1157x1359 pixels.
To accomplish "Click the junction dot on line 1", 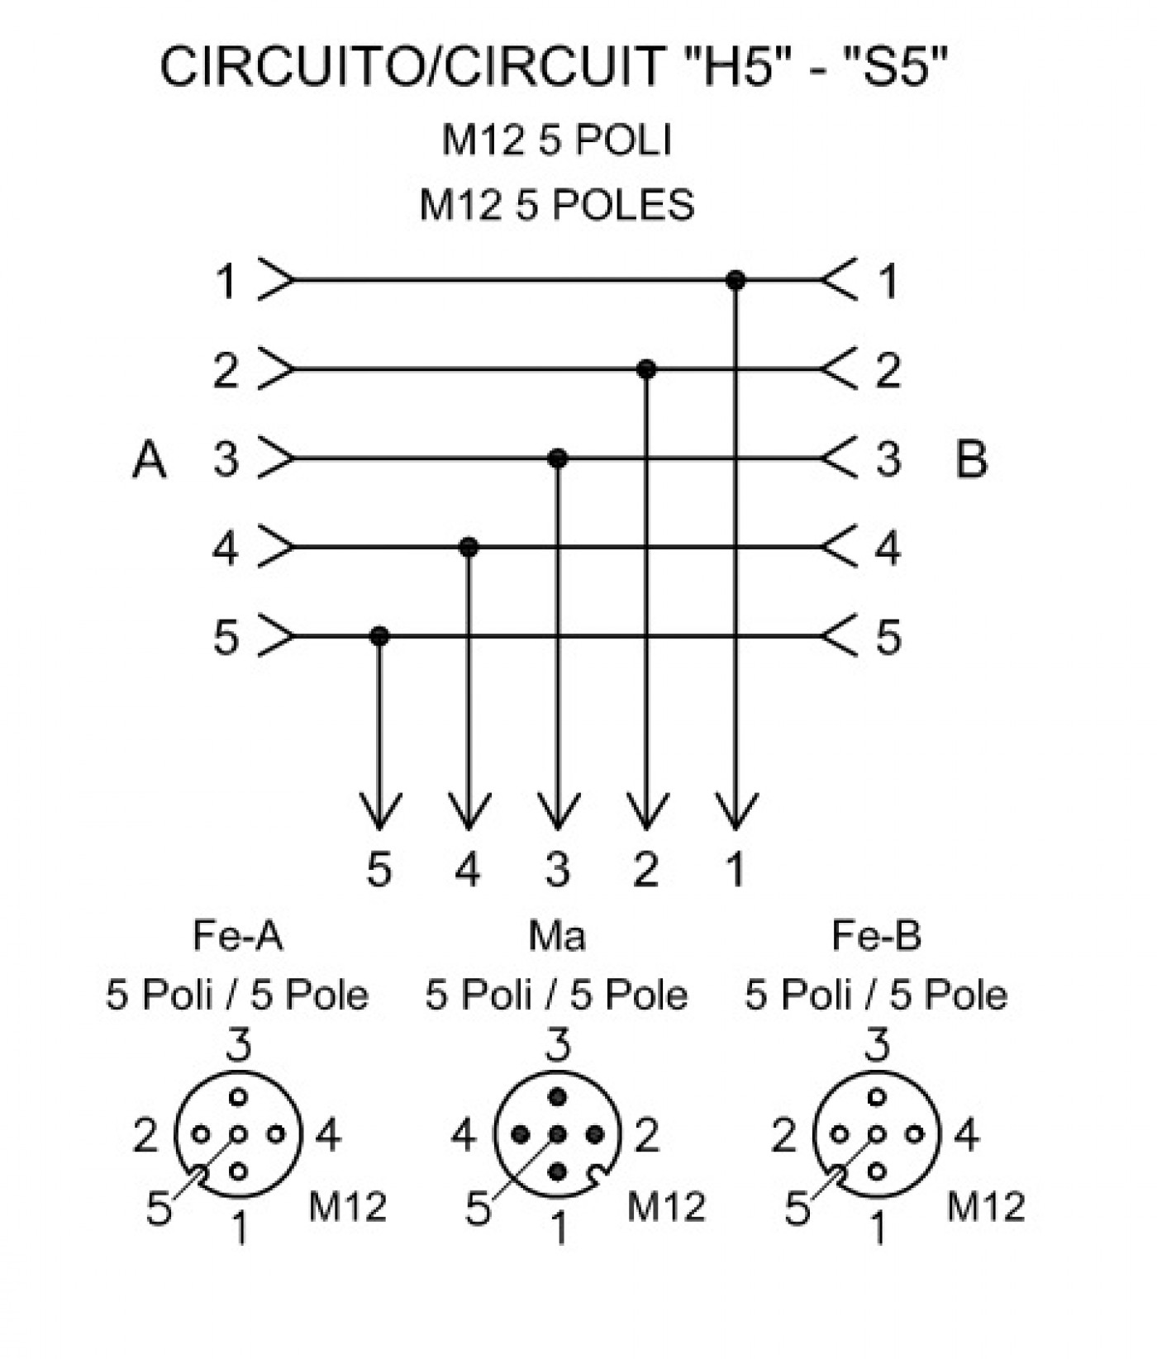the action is (736, 281).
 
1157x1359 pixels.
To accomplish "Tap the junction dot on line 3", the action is (558, 458).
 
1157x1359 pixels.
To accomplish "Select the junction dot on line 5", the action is (379, 636).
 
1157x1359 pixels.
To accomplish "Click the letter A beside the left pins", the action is (150, 459).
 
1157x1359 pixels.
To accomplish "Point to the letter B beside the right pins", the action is (971, 459).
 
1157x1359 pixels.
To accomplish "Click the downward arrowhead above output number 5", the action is (379, 812).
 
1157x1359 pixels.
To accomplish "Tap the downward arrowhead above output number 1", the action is (736, 812).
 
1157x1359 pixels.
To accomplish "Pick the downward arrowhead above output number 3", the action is (558, 812).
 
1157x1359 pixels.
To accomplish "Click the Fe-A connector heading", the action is (238, 936).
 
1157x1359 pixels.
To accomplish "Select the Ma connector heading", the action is (557, 936).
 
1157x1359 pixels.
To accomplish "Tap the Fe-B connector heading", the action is (876, 936).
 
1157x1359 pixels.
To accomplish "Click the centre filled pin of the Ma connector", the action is (558, 1134).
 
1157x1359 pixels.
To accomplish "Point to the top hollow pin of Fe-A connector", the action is (239, 1097).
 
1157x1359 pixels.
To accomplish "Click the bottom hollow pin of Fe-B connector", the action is (878, 1171).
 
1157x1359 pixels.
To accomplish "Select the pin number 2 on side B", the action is (888, 370).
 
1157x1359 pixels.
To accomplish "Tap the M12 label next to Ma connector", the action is (666, 1207).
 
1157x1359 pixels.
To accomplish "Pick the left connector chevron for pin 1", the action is (276, 281).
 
